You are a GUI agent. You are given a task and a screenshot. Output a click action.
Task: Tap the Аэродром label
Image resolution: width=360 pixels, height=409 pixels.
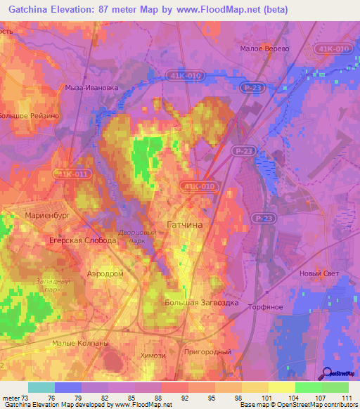point(105,273)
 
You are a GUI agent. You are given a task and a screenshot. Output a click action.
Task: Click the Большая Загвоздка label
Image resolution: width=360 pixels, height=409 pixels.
point(202,304)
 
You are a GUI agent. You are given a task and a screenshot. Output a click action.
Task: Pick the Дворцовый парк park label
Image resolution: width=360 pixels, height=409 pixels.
point(137,235)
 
